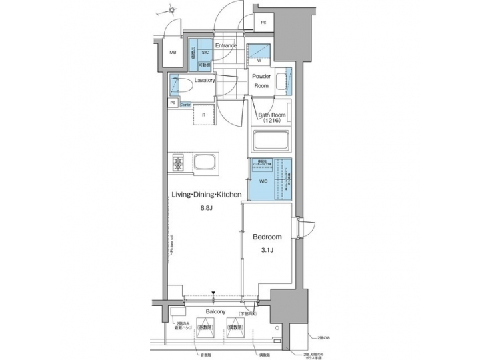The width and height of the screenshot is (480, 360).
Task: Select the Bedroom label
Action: tap(267, 237)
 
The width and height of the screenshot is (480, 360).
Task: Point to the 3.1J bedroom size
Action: tap(267, 251)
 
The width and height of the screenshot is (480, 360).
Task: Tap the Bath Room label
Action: tap(272, 115)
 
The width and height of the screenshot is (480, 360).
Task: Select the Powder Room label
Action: tap(261, 81)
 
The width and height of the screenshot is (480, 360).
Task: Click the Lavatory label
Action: tap(205, 81)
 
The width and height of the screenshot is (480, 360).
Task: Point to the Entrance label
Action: tap(225, 45)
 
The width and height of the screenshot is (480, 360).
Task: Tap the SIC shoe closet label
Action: tap(206, 51)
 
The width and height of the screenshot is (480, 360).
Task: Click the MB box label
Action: tap(172, 53)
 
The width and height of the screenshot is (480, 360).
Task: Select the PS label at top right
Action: tap(264, 23)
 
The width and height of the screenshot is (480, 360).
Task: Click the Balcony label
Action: tap(215, 312)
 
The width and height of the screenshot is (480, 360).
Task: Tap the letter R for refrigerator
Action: tap(203, 114)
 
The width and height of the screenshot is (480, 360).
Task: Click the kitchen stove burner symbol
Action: tap(179, 163)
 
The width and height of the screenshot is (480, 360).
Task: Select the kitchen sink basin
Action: tap(205, 163)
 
